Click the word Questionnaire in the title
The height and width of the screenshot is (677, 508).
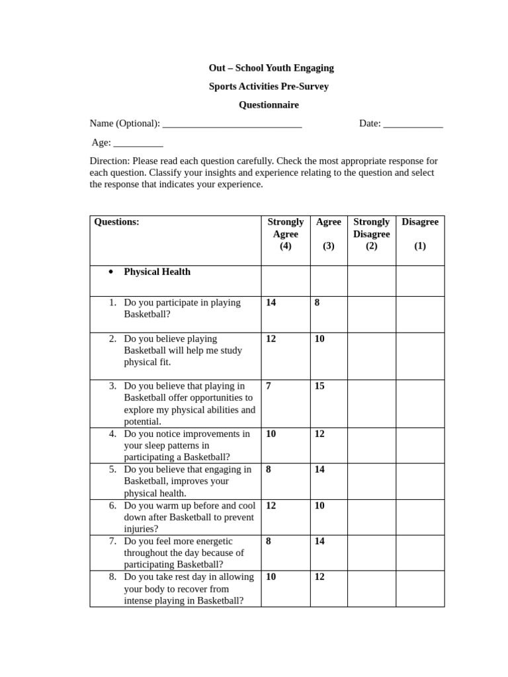269,104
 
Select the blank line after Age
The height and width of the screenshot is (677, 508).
138,143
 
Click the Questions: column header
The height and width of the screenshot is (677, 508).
117,222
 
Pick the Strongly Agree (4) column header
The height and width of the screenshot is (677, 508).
285,234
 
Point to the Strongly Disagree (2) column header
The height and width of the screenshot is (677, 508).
371,234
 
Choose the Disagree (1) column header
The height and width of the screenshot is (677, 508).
420,234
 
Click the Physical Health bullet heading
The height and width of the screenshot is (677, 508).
157,272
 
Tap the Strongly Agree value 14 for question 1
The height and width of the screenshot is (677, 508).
271,303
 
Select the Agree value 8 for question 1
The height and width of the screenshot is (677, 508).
317,303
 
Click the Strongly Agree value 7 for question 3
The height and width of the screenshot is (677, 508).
269,386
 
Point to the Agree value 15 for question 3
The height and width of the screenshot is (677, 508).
319,386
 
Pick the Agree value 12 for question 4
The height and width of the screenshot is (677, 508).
319,434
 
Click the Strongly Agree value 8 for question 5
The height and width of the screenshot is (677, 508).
269,469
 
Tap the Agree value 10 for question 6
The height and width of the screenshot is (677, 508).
319,505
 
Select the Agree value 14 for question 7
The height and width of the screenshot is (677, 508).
319,541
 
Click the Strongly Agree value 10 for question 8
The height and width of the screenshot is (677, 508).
271,577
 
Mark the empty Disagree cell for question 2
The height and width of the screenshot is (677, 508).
420,356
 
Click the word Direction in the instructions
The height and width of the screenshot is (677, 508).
109,161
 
